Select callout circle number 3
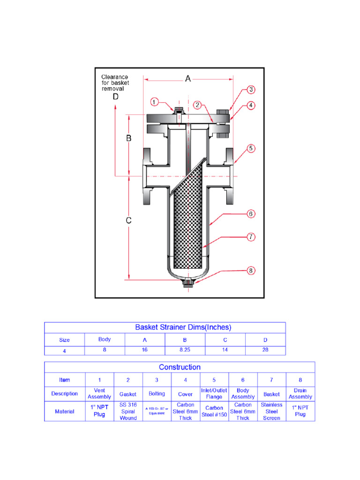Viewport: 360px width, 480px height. click(251, 89)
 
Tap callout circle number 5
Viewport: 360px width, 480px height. click(251, 148)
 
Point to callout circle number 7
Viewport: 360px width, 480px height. click(251, 237)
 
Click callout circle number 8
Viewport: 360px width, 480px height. click(251, 270)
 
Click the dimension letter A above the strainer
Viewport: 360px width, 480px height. click(188, 79)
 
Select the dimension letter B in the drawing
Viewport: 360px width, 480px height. click(129, 139)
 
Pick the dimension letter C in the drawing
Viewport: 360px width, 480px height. click(129, 220)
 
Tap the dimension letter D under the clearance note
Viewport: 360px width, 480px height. click(115, 97)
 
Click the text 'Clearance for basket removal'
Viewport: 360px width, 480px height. click(115, 82)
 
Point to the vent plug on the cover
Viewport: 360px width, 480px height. click(178, 111)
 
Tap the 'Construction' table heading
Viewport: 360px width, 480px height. click(180, 367)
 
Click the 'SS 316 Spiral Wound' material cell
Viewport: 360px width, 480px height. click(128, 411)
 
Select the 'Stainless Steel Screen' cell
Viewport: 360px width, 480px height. click(271, 411)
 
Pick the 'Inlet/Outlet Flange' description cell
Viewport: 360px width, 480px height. click(214, 394)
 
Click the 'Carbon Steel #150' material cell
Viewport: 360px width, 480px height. click(214, 411)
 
